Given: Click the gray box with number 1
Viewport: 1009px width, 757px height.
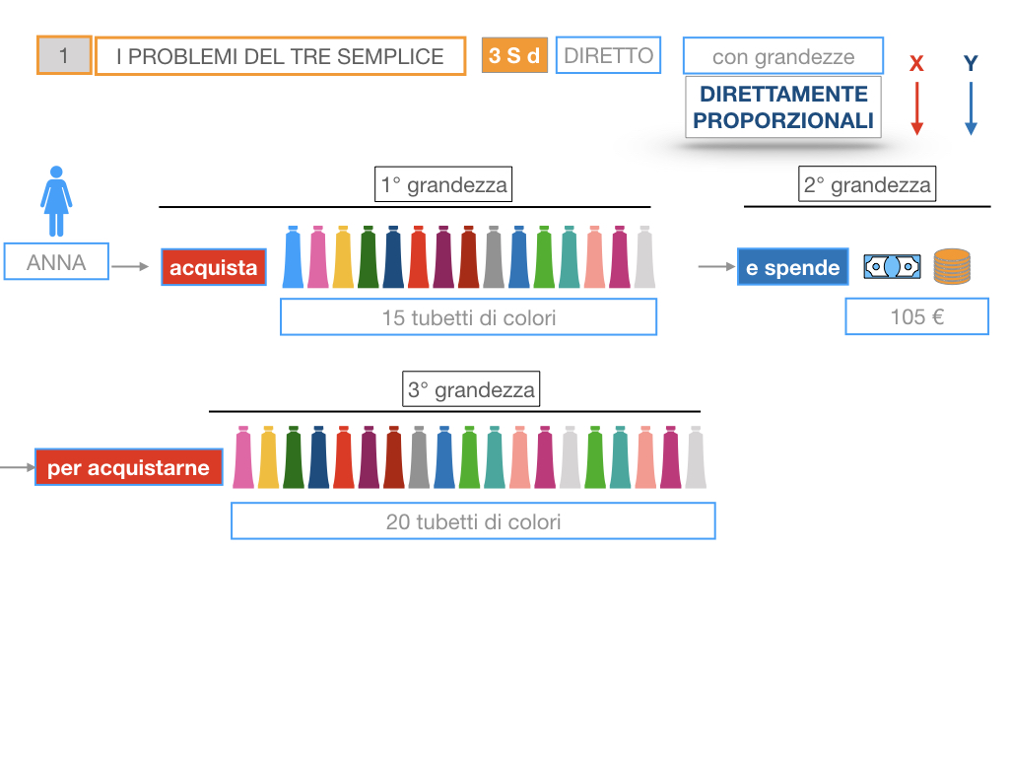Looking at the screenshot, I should pyautogui.click(x=64, y=55).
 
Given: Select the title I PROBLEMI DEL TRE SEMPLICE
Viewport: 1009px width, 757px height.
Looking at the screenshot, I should pyautogui.click(x=280, y=56).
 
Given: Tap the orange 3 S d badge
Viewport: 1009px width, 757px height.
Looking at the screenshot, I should pyautogui.click(x=514, y=55).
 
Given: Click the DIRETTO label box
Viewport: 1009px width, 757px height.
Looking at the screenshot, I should pyautogui.click(x=608, y=55).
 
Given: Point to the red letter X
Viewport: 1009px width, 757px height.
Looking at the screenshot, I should pyautogui.click(x=916, y=64).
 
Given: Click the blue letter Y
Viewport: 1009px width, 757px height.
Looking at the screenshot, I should pyautogui.click(x=971, y=64).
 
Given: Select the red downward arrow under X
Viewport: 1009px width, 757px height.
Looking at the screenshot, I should pyautogui.click(x=916, y=108).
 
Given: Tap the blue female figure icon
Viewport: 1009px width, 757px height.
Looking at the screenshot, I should pyautogui.click(x=56, y=201).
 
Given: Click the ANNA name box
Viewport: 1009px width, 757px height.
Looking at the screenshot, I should pyautogui.click(x=56, y=263).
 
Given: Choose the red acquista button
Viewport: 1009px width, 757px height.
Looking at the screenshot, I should pyautogui.click(x=214, y=267).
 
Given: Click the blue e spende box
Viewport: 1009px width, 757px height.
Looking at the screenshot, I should pyautogui.click(x=792, y=267).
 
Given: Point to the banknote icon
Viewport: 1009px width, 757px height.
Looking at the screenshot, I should pyautogui.click(x=892, y=266).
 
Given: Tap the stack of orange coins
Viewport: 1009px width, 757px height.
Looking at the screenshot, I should pyautogui.click(x=951, y=266).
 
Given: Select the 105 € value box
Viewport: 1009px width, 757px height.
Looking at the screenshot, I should pyautogui.click(x=916, y=317).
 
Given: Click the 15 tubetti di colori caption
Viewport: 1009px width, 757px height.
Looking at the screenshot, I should pyautogui.click(x=468, y=317).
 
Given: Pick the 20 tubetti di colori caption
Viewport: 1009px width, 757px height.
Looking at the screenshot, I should pyautogui.click(x=473, y=521).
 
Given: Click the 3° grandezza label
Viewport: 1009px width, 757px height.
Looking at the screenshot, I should pyautogui.click(x=472, y=389).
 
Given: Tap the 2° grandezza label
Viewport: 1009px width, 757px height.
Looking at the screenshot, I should pyautogui.click(x=867, y=184).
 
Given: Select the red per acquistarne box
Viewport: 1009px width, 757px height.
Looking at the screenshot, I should pyautogui.click(x=128, y=468).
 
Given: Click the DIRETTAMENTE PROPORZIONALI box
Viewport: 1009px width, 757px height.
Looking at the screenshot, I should pyautogui.click(x=783, y=107).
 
